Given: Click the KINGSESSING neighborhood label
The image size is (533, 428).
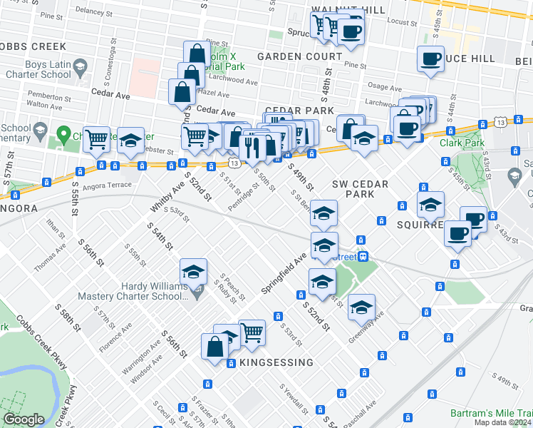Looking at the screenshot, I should [x=271, y=362].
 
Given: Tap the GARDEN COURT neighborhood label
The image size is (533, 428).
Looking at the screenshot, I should [x=299, y=56].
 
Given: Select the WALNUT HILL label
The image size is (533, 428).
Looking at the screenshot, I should [x=348, y=9].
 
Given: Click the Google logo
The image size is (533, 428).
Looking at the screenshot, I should [x=24, y=419].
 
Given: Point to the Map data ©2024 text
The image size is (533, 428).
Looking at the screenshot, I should [x=502, y=422].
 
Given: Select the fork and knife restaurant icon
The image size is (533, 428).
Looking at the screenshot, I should [x=251, y=147].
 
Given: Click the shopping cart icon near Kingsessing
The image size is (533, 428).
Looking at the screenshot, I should [x=251, y=332].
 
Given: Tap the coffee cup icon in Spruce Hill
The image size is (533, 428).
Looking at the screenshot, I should [x=430, y=59].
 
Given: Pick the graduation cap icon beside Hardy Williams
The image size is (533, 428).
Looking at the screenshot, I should [x=193, y=272].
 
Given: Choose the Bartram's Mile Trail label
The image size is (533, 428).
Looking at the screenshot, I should [x=492, y=413].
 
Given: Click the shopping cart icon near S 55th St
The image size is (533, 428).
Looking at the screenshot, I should [x=96, y=139].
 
